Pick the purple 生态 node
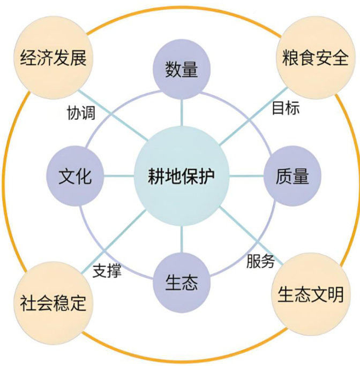click(x=181, y=283)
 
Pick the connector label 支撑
click(x=107, y=271)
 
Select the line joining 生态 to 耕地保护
click(x=182, y=241)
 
